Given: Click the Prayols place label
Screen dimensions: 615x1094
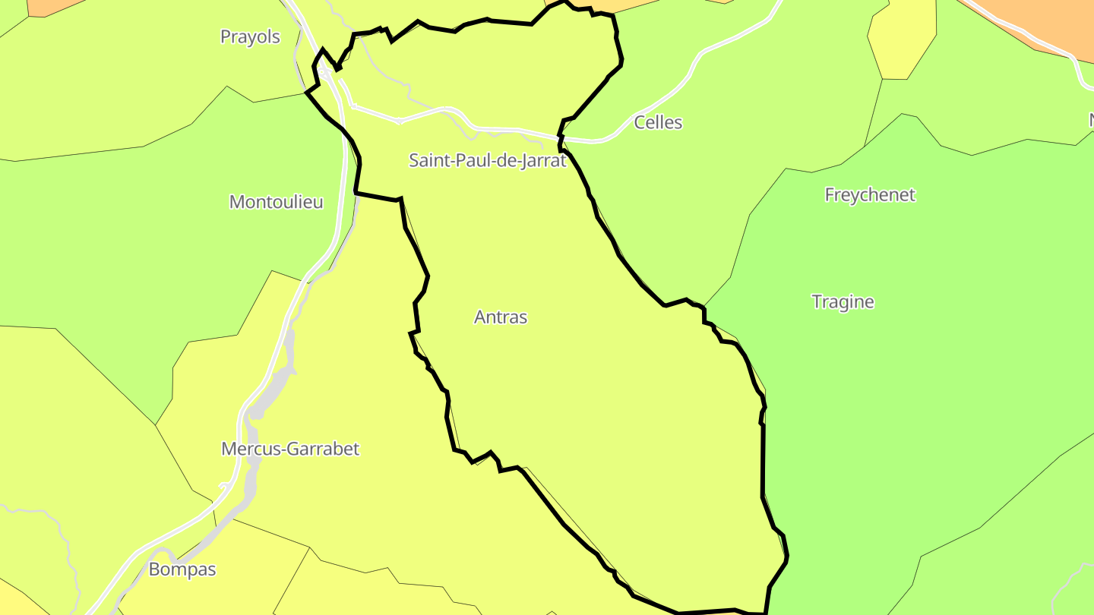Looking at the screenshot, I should pyautogui.click(x=250, y=36).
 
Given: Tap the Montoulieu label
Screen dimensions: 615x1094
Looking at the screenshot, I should pyautogui.click(x=276, y=202).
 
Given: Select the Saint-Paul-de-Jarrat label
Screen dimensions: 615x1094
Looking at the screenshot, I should pyautogui.click(x=488, y=160).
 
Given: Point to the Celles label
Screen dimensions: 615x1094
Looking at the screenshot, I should pyautogui.click(x=658, y=122).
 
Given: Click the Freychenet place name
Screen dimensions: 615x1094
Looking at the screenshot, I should pyautogui.click(x=870, y=195).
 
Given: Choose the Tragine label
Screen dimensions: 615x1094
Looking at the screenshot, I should pyautogui.click(x=843, y=301).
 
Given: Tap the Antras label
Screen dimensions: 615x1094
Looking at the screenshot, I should pyautogui.click(x=500, y=317).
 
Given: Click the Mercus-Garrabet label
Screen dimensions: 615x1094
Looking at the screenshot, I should pyautogui.click(x=290, y=449).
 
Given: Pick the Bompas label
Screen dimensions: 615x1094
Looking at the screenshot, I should pyautogui.click(x=182, y=569).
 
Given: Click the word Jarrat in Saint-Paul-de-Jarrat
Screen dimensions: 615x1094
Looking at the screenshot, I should pyautogui.click(x=542, y=160).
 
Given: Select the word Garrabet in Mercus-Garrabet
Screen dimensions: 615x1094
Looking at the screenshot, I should pyautogui.click(x=324, y=449).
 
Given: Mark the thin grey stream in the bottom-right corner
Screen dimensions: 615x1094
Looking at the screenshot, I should pyautogui.click(x=1067, y=588).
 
